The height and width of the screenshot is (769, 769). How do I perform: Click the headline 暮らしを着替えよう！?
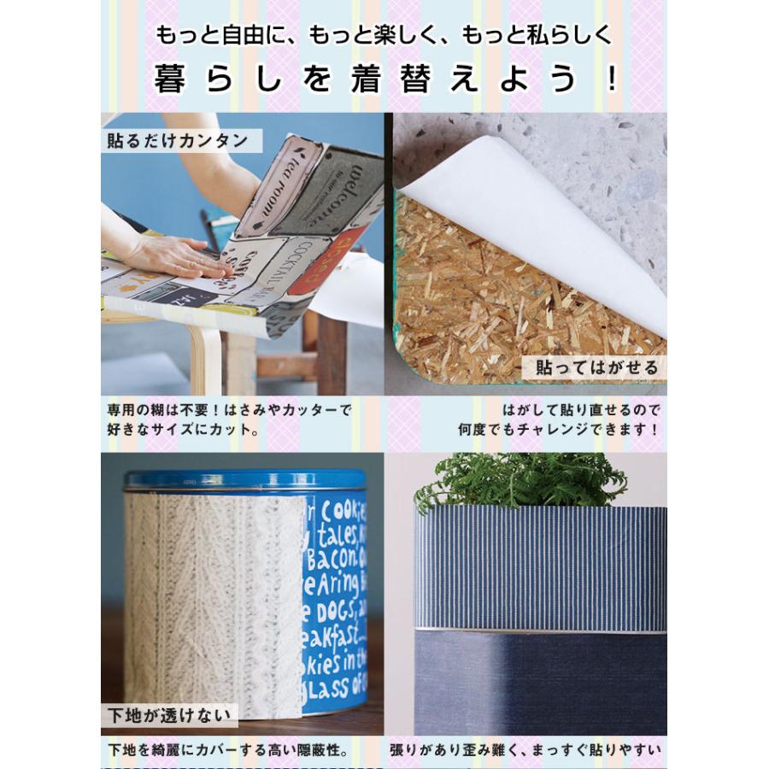point(384,80)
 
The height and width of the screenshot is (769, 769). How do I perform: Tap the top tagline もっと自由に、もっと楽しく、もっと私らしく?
point(384,36)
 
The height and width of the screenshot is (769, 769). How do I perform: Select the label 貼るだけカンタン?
point(178,140)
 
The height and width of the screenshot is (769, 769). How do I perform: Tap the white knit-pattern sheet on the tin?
point(214,598)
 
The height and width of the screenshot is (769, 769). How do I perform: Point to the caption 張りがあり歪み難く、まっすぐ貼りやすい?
point(525,751)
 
